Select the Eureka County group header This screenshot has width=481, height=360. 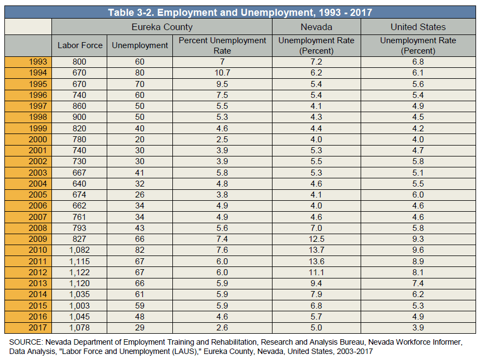[x=162, y=27]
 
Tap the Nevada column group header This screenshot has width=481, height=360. [x=316, y=27]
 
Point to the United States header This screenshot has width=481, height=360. [x=418, y=27]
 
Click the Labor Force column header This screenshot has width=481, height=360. [x=80, y=45]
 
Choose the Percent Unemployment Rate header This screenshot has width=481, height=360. [x=222, y=45]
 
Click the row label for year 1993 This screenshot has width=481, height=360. [x=38, y=62]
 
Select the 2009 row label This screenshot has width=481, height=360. [x=38, y=239]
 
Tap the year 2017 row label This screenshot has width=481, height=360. [x=38, y=328]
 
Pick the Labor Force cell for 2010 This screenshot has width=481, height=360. [x=79, y=250]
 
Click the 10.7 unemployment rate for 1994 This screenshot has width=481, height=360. [x=222, y=73]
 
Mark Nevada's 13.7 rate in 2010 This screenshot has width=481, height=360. [x=316, y=250]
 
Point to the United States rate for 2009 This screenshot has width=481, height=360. [x=418, y=239]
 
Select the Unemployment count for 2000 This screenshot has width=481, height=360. [x=140, y=139]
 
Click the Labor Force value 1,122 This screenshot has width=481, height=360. [x=79, y=272]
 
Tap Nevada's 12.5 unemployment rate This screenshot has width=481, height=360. [x=316, y=239]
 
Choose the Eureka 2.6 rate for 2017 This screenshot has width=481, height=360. [x=222, y=328]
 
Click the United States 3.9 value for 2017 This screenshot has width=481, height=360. [x=418, y=328]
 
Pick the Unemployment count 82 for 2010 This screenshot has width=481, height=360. [x=140, y=250]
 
